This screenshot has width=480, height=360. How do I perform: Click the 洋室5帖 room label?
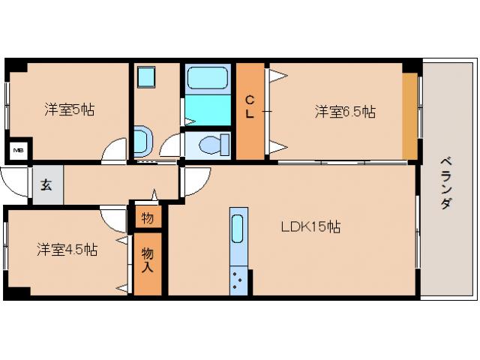pyautogui.click(x=68, y=109)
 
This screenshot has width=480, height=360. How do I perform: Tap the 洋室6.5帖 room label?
pyautogui.click(x=344, y=112)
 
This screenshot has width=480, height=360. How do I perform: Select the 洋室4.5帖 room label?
pyautogui.click(x=67, y=250)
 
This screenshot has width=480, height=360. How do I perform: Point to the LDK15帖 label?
pyautogui.click(x=310, y=226)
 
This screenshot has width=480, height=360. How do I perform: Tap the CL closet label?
pyautogui.click(x=250, y=108)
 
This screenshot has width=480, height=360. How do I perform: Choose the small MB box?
pyautogui.click(x=18, y=151)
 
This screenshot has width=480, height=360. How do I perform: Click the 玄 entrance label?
pyautogui.click(x=46, y=185)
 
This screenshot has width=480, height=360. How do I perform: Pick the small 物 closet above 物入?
pyautogui.click(x=147, y=218)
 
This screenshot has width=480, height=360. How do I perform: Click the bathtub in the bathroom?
pyautogui.click(x=209, y=80)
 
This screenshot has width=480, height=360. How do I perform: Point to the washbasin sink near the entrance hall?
pyautogui.click(x=142, y=139)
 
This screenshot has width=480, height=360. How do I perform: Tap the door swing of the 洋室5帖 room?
pyautogui.click(x=115, y=150)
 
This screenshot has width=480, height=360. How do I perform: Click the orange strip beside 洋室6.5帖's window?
pyautogui.click(x=409, y=116)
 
